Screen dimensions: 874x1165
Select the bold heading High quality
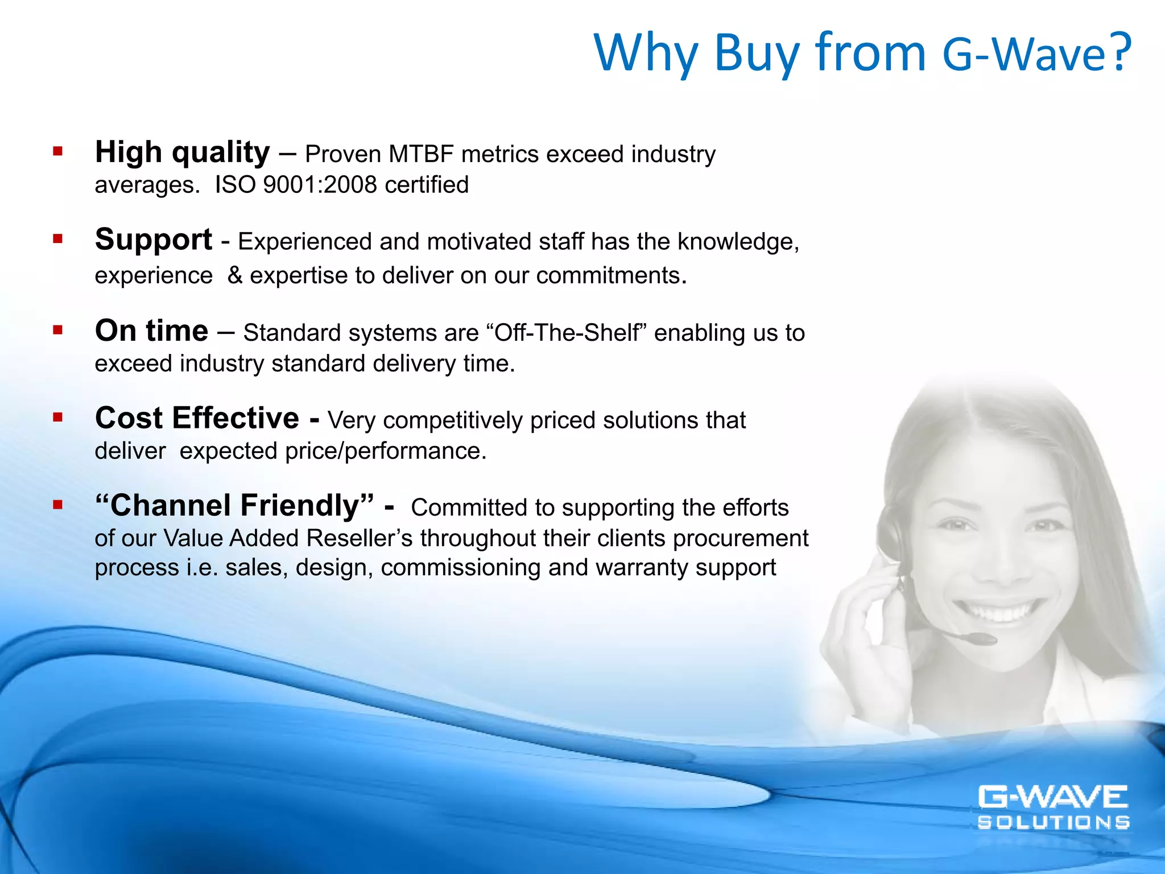click(x=182, y=152)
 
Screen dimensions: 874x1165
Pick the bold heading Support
click(x=154, y=240)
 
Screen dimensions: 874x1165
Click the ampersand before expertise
click(x=235, y=275)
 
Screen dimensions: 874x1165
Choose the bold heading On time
click(x=151, y=331)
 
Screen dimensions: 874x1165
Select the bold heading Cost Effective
click(x=197, y=418)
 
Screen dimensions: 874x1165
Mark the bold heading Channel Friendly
click(x=234, y=505)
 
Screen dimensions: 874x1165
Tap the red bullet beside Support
click(x=57, y=239)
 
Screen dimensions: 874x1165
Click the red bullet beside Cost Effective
click(x=57, y=418)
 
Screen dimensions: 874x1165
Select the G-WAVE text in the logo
click(x=1052, y=797)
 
